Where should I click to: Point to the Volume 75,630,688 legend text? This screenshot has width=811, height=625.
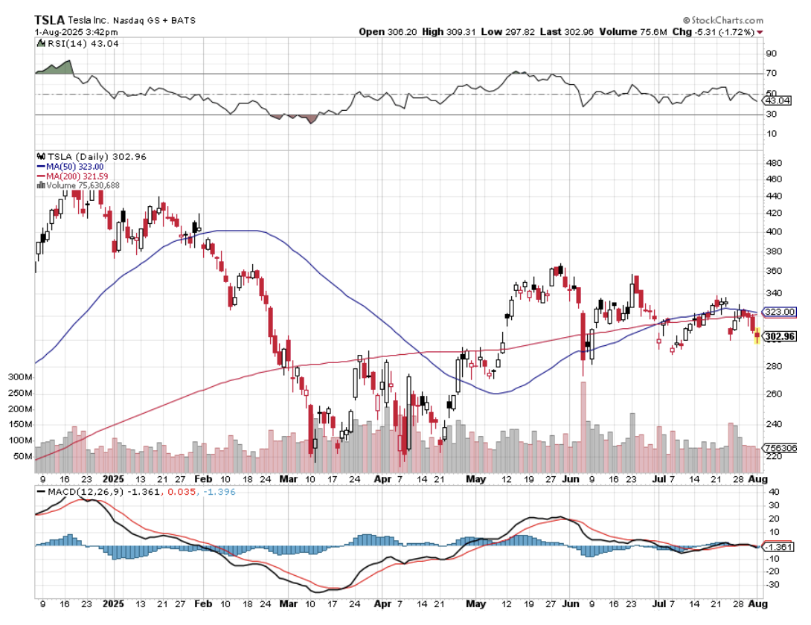coord(82,185)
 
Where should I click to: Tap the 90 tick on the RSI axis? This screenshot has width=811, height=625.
coord(772,54)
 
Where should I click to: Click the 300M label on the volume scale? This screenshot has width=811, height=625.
coord(21,377)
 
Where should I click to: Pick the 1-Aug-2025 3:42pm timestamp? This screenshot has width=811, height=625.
coord(75,32)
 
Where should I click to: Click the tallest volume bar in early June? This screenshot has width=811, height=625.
coord(583,417)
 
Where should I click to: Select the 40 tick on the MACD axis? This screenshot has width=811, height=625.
coord(772,493)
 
